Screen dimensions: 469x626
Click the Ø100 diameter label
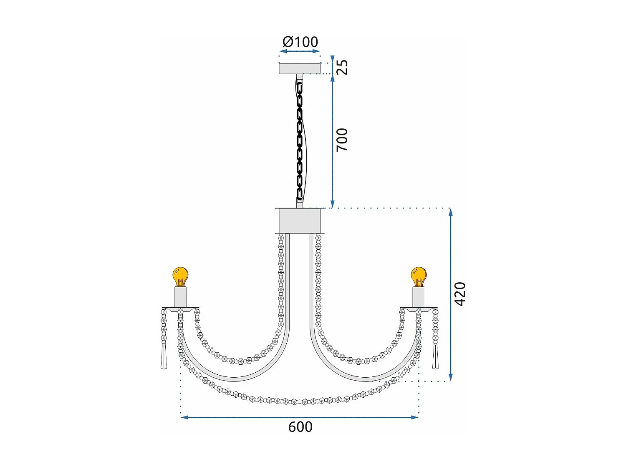point(300,42)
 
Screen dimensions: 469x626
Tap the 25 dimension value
point(342,67)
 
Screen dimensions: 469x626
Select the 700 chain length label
point(342,140)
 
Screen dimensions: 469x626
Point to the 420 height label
point(460,294)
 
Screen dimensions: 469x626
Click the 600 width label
point(300,427)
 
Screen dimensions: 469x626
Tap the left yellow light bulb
point(180,276)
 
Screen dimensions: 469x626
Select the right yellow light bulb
point(419,276)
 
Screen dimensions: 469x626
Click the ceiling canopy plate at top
point(300,68)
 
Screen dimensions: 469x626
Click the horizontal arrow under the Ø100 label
point(300,51)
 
